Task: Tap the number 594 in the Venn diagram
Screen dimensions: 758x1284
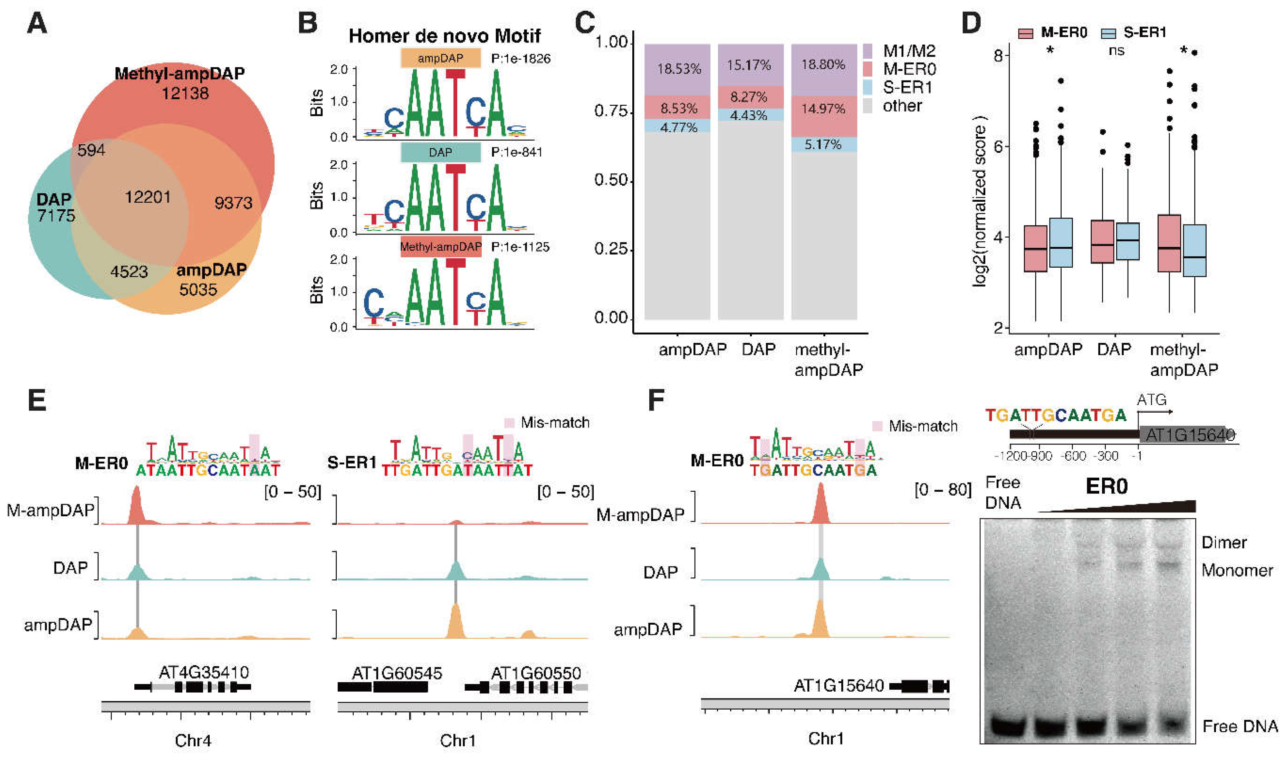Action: pyautogui.click(x=92, y=150)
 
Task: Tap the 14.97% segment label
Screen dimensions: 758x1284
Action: pyautogui.click(x=823, y=109)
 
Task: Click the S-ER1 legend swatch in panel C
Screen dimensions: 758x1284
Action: pyautogui.click(x=868, y=87)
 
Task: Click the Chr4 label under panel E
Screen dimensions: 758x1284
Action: pyautogui.click(x=193, y=740)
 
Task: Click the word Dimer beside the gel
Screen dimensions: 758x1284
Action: pyautogui.click(x=1224, y=542)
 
